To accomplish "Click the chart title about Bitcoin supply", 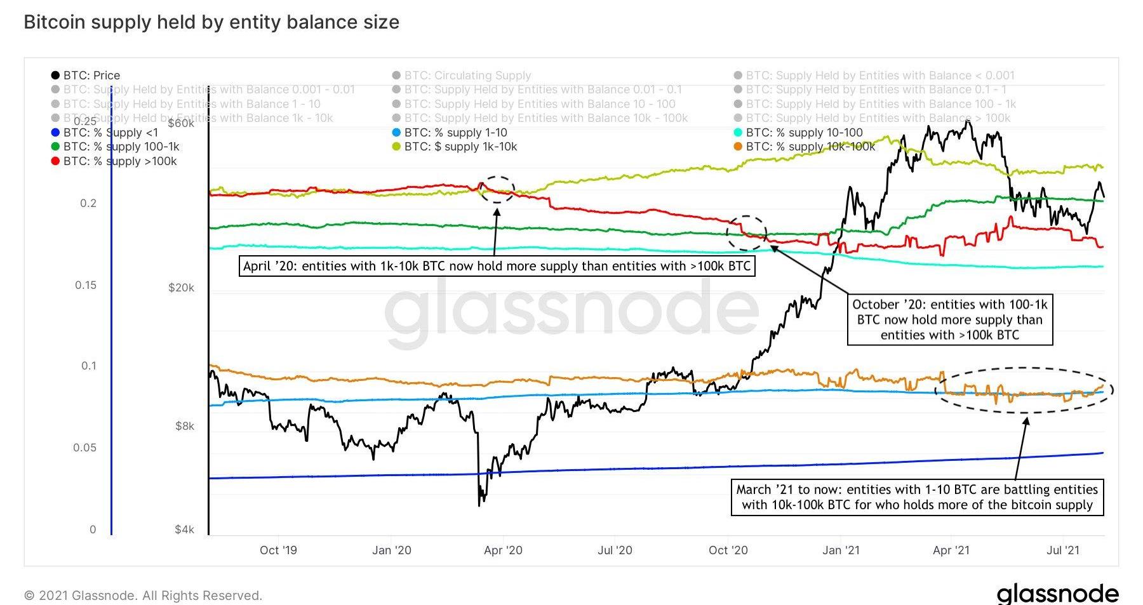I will (211, 22).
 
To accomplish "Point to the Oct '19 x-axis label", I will (278, 550).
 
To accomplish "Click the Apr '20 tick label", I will (503, 550).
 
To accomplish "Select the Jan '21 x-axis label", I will (841, 550).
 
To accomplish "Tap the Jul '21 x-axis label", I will (1063, 550).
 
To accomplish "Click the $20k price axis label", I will (181, 288).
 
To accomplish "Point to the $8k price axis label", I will (185, 426).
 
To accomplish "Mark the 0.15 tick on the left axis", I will (86, 285).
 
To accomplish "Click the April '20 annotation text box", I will (497, 266).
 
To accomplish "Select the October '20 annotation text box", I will (950, 320).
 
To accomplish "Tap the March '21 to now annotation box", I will (917, 497).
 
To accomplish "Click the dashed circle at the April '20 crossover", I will (497, 190).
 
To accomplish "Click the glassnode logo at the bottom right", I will (1057, 594).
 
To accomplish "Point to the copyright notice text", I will (143, 595).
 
